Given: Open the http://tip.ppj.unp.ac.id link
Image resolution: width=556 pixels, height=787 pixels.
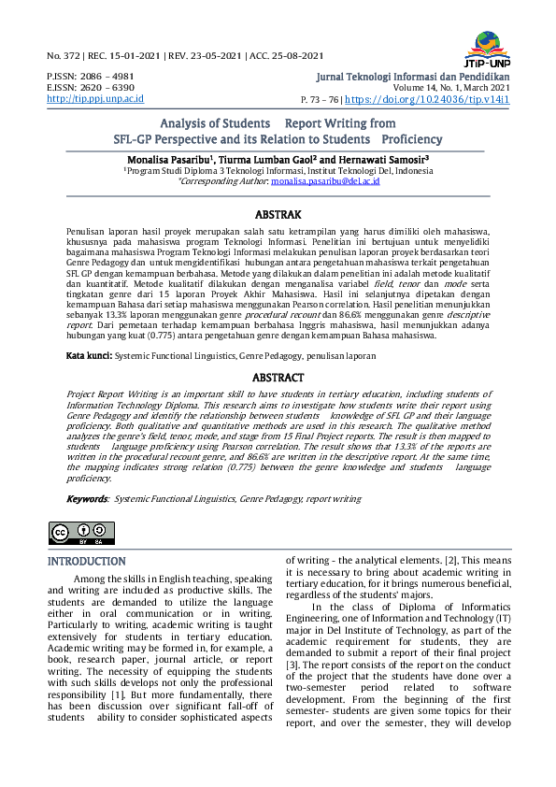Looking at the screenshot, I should (95, 98).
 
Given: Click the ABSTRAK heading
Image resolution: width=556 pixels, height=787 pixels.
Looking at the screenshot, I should (277, 213).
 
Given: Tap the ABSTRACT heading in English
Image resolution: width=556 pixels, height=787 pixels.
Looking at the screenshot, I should (278, 378).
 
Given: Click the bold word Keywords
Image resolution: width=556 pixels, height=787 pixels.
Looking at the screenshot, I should (87, 501).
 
